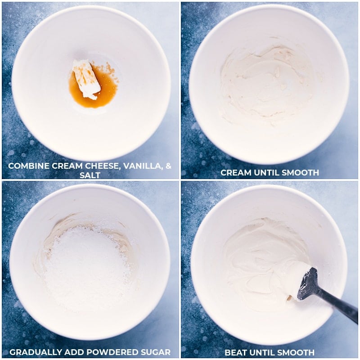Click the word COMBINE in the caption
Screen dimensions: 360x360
click(29, 166)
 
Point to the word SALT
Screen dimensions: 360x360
click(90, 175)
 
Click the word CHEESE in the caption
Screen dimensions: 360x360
click(102, 166)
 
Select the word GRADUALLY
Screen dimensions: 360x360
click(36, 352)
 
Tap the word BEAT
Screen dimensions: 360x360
click(235, 352)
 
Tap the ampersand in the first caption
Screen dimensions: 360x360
click(168, 166)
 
